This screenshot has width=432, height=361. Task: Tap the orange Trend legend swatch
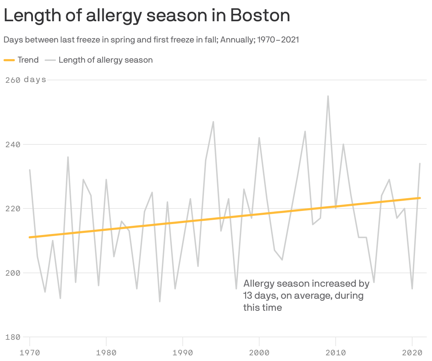(9, 60)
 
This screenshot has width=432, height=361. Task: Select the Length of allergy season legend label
(106, 60)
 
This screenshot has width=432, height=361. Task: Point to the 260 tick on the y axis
(13, 80)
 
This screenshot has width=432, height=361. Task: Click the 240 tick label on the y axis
(13, 144)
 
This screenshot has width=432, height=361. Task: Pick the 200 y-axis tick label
(13, 273)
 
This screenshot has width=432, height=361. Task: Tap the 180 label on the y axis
(13, 337)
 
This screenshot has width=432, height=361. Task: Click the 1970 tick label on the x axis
(30, 353)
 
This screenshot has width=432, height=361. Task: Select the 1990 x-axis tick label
(183, 353)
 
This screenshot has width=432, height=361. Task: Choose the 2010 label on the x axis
(336, 353)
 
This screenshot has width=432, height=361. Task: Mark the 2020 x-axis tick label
(412, 353)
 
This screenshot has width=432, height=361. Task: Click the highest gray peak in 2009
(328, 96)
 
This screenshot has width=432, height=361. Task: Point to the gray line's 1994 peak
(213, 122)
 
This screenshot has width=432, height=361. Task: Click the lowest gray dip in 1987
(160, 302)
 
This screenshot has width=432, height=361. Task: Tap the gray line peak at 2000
(259, 138)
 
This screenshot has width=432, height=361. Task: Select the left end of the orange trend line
(30, 237)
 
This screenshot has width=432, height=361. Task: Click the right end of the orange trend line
(420, 198)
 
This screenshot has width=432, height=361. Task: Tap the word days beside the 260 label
(35, 80)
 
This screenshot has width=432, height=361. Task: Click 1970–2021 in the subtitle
(278, 40)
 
